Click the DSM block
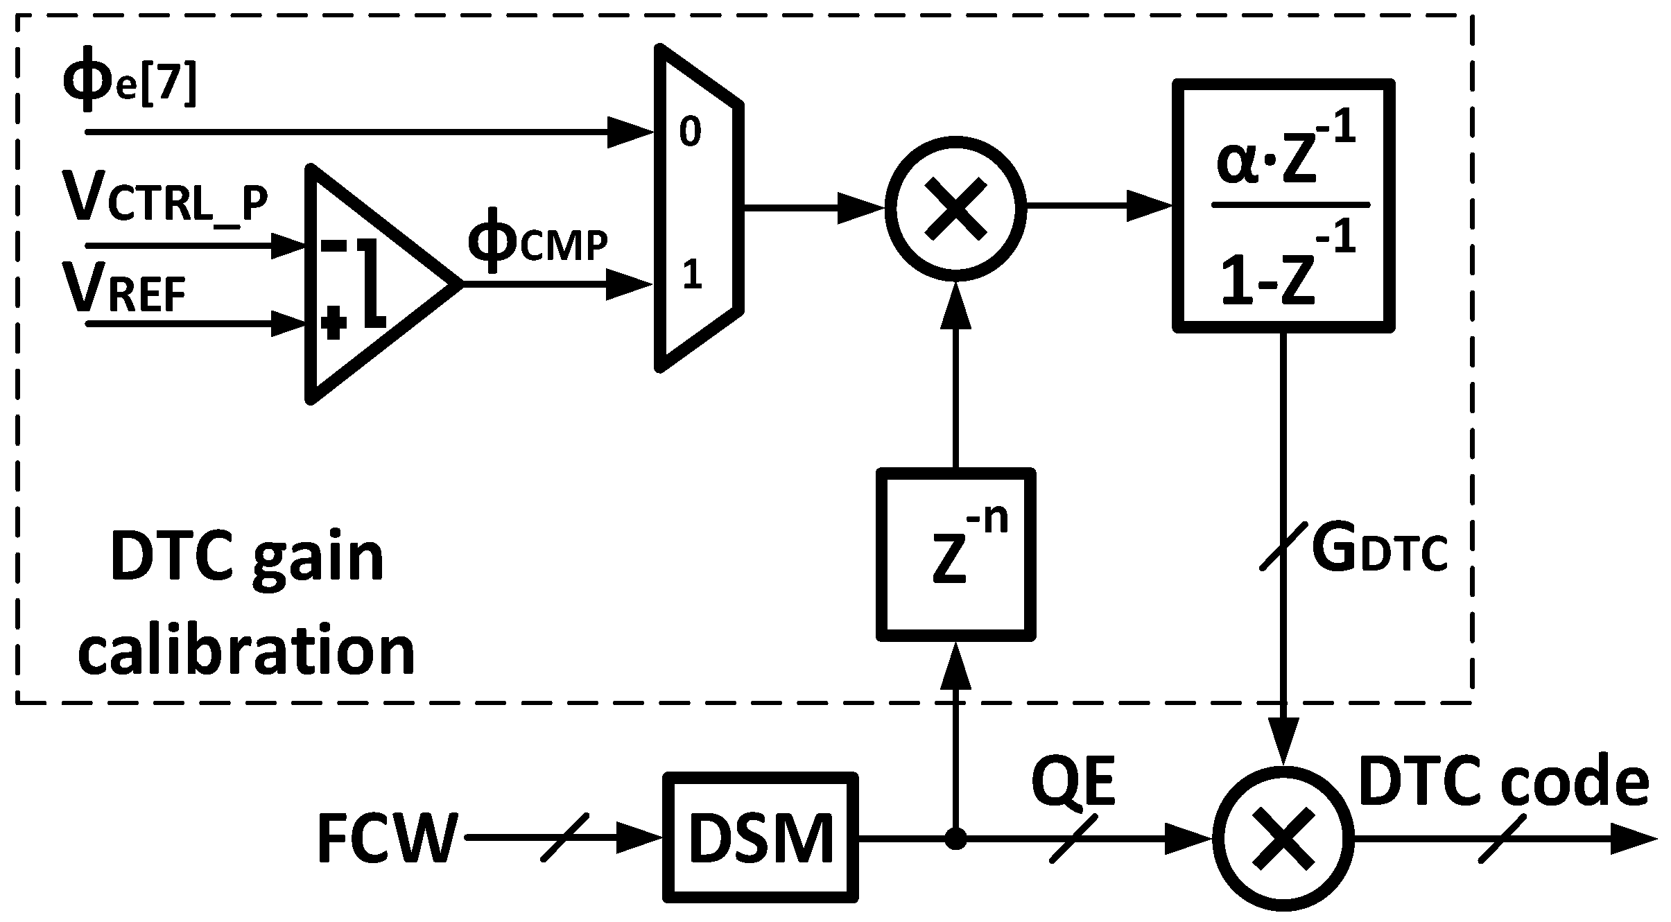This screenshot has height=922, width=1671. coord(760,837)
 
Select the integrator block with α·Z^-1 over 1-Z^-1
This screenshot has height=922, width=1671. coord(1283,206)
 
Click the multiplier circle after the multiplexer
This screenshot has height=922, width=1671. coord(955,207)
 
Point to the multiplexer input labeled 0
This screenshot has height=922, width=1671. coord(689,132)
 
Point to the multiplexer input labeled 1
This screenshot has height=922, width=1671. coord(691,275)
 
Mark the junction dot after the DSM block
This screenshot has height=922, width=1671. coord(955,839)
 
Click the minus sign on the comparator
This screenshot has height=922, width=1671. coord(334,245)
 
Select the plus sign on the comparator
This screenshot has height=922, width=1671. coord(334,324)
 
